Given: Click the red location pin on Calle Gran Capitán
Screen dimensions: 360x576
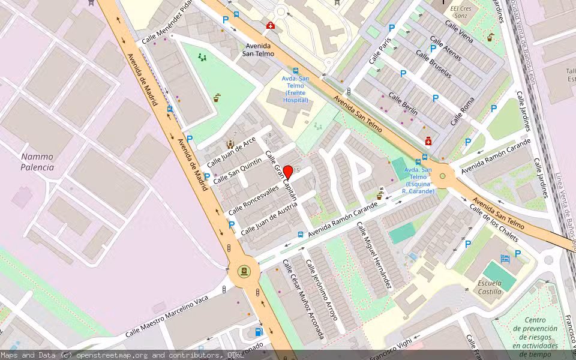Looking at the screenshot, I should point(287,172).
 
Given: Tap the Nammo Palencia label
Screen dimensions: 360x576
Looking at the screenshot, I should point(37,162).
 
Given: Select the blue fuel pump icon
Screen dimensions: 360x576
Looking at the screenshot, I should point(259,331).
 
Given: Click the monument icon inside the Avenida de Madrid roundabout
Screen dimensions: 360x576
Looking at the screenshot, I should point(244,271).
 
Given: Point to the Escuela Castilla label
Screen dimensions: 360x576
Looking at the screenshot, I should point(490,287).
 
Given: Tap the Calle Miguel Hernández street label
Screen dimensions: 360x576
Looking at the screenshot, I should point(374,255).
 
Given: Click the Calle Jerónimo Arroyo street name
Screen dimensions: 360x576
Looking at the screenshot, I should point(322,290).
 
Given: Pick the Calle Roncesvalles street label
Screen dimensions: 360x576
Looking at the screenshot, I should point(253,199).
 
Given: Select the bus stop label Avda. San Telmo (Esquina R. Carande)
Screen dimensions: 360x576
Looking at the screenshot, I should point(418,180).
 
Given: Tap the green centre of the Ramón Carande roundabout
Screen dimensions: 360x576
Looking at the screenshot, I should point(443,176).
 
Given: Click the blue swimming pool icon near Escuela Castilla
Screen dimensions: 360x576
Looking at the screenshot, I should point(505,259).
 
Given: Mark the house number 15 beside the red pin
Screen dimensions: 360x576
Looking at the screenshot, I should point(296,171).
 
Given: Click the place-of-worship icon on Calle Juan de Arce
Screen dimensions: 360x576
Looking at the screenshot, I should point(229,144).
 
